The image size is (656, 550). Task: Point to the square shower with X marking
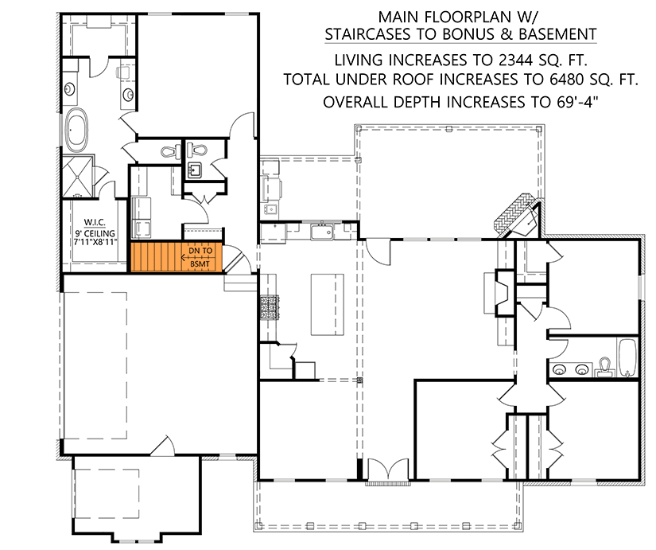point(80,176)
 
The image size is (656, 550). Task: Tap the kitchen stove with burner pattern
point(266,306)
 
